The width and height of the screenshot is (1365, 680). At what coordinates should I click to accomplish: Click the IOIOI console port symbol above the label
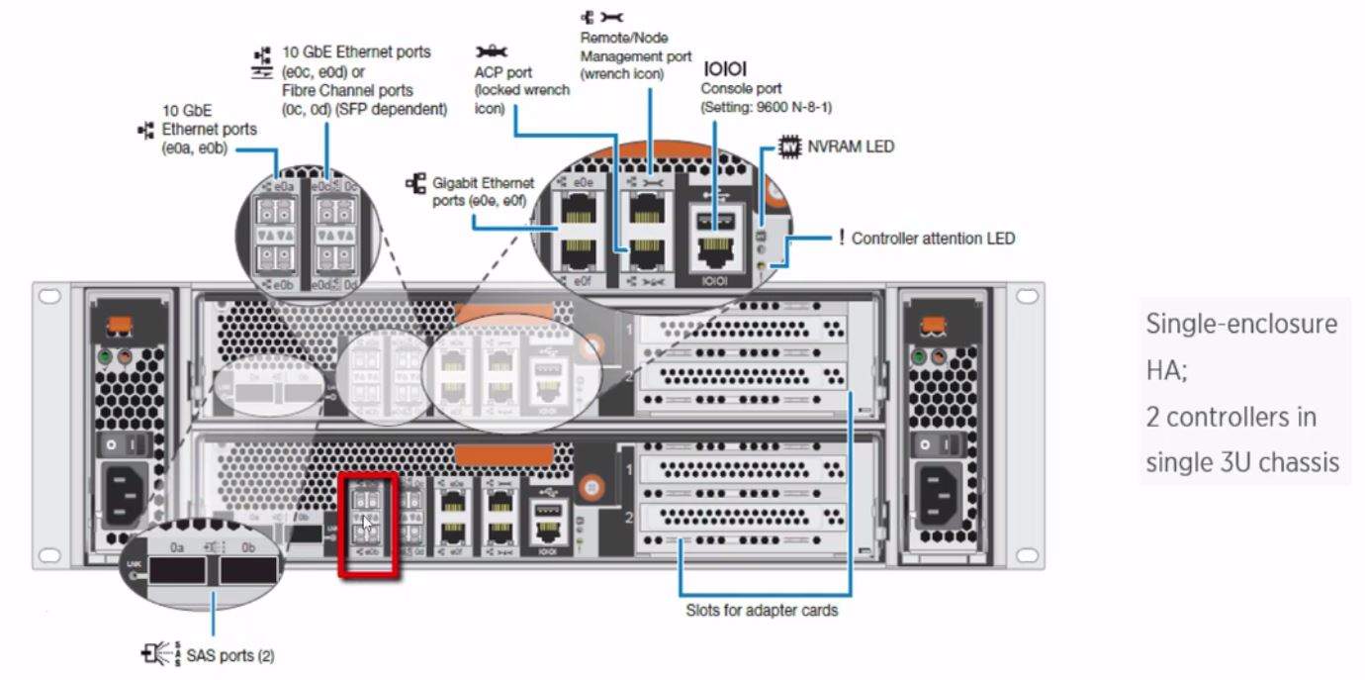[724, 68]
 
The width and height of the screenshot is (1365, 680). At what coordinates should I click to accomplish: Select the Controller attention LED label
[932, 239]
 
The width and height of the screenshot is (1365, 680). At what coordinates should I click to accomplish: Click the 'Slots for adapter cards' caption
[762, 611]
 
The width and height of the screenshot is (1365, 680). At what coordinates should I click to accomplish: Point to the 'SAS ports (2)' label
[229, 655]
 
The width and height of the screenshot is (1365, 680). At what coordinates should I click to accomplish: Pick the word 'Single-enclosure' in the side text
[1240, 324]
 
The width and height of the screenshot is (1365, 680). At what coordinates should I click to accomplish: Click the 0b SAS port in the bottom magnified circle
[247, 572]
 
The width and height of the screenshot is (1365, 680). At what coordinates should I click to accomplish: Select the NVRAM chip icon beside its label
[788, 146]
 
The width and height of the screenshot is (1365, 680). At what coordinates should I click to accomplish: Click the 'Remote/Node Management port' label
[635, 55]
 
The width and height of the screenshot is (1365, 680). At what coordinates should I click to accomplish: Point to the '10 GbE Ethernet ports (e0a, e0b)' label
[209, 130]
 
